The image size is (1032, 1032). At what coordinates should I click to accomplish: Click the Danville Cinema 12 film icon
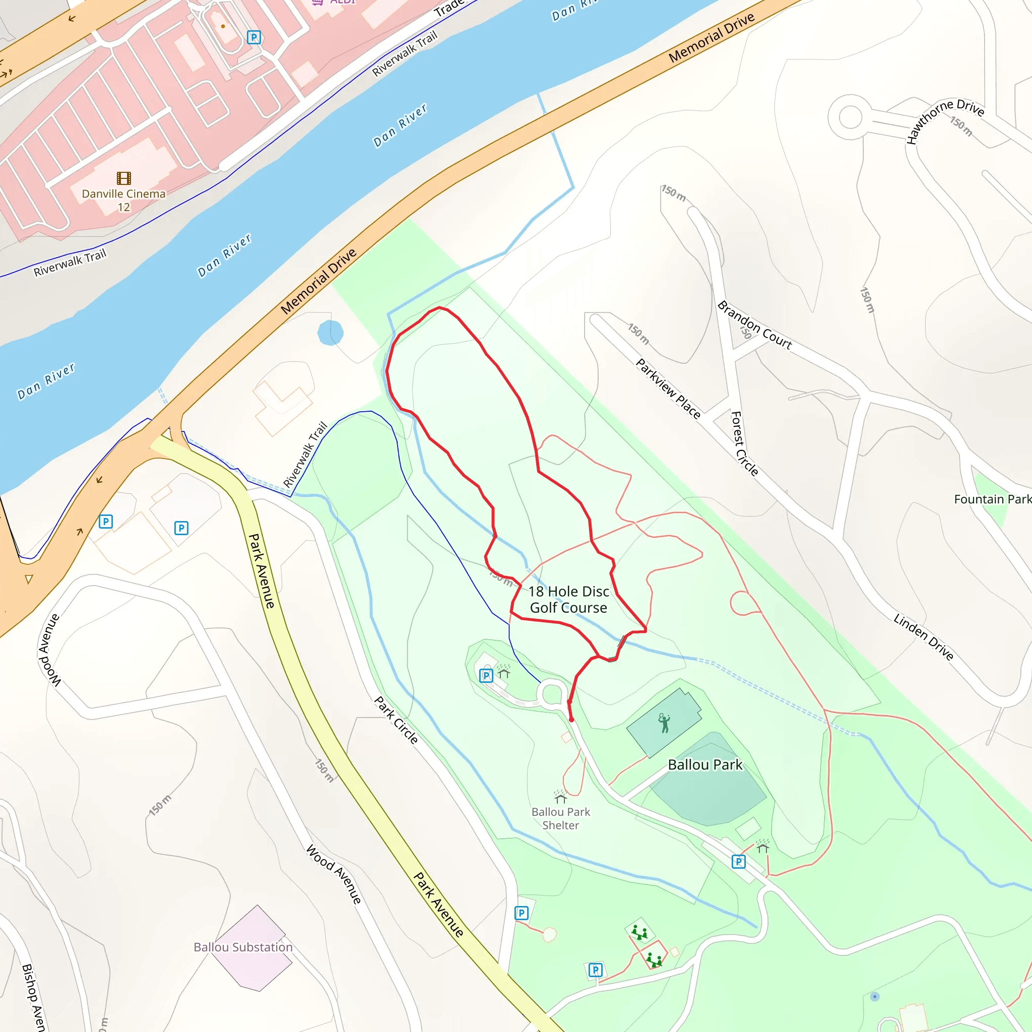point(123,178)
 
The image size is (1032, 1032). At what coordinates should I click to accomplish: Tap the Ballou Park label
point(704,765)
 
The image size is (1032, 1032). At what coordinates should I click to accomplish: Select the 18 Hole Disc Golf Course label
point(568,599)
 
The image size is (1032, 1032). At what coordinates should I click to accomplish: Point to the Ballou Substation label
point(243,947)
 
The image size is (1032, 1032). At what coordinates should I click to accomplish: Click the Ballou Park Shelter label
point(560,818)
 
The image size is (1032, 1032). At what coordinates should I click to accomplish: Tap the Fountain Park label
point(992,499)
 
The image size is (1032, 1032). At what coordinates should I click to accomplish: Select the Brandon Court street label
point(754,325)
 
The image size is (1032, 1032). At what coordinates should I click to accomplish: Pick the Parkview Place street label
point(668,389)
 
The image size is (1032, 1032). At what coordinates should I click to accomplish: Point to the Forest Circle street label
point(744,443)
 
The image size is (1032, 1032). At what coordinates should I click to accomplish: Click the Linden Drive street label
point(924,637)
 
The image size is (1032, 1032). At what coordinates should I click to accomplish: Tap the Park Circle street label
point(396,720)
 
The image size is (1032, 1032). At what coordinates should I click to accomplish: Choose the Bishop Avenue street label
point(33,997)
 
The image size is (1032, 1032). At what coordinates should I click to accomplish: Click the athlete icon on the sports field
point(664,723)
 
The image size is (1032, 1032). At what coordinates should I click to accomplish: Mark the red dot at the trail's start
point(571,720)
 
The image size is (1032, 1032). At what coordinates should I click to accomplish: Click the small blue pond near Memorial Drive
point(330,333)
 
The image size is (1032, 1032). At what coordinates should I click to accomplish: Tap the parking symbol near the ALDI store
point(254,37)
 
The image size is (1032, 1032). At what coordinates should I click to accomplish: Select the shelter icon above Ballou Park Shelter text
point(560,798)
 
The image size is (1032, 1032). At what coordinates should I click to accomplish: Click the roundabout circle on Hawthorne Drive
point(851,116)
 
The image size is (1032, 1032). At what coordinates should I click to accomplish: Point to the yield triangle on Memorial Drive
point(29,579)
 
